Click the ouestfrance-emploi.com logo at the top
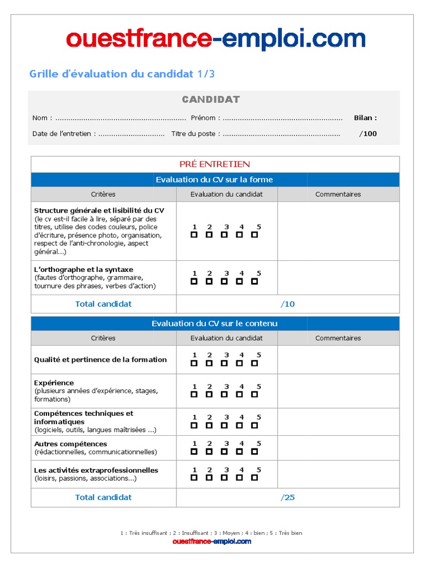pyautogui.click(x=215, y=40)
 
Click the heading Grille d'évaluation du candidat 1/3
pyautogui.click(x=121, y=74)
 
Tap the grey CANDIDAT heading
pyautogui.click(x=211, y=100)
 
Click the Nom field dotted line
pyautogui.click(x=121, y=118)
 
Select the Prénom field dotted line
pyautogui.click(x=282, y=118)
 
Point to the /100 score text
pyautogui.click(x=368, y=133)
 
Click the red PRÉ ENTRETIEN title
pyautogui.click(x=215, y=164)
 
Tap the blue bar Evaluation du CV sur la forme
pyautogui.click(x=215, y=179)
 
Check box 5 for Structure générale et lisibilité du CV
pyautogui.click(x=255, y=235)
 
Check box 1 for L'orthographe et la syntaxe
pyautogui.click(x=194, y=281)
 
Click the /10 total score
pyautogui.click(x=288, y=304)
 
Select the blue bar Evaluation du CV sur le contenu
pyautogui.click(x=215, y=323)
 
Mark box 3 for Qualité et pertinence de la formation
pyautogui.click(x=224, y=363)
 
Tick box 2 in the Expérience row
pyautogui.click(x=209, y=395)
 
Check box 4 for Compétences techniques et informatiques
pyautogui.click(x=240, y=425)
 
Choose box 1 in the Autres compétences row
pyautogui.click(x=194, y=451)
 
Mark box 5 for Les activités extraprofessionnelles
pyautogui.click(x=255, y=477)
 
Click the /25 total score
pyautogui.click(x=288, y=497)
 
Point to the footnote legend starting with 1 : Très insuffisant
pyautogui.click(x=211, y=533)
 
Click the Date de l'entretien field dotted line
pyautogui.click(x=132, y=133)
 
